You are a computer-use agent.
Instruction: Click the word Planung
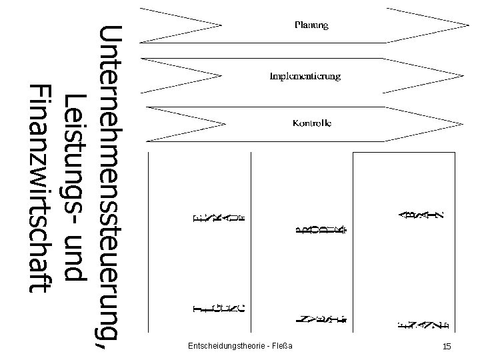(312, 26)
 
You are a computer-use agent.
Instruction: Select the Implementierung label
(305, 76)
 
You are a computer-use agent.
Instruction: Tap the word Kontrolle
(312, 123)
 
